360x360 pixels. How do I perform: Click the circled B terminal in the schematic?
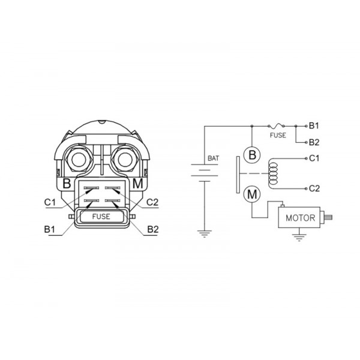252,155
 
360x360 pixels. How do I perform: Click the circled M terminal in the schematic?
252,194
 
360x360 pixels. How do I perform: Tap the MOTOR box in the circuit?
299,217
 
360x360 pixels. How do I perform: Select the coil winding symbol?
273,173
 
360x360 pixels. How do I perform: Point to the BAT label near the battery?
213,158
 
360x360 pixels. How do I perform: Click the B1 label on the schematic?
314,126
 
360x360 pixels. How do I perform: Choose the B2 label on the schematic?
314,142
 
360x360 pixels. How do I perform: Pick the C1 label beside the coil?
314,158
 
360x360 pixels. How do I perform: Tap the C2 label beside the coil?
314,188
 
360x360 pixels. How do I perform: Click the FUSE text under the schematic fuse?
278,135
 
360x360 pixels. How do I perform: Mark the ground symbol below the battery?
205,233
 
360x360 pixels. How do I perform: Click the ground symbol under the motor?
299,238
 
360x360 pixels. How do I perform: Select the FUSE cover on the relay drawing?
101,217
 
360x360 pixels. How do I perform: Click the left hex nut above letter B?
79,160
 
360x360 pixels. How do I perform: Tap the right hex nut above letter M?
125,160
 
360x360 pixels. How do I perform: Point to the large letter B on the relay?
67,184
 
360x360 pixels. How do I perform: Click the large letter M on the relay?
138,184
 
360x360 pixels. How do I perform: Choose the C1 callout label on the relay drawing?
50,202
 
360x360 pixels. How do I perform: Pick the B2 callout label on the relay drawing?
152,229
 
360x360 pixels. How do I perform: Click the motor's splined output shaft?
329,217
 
